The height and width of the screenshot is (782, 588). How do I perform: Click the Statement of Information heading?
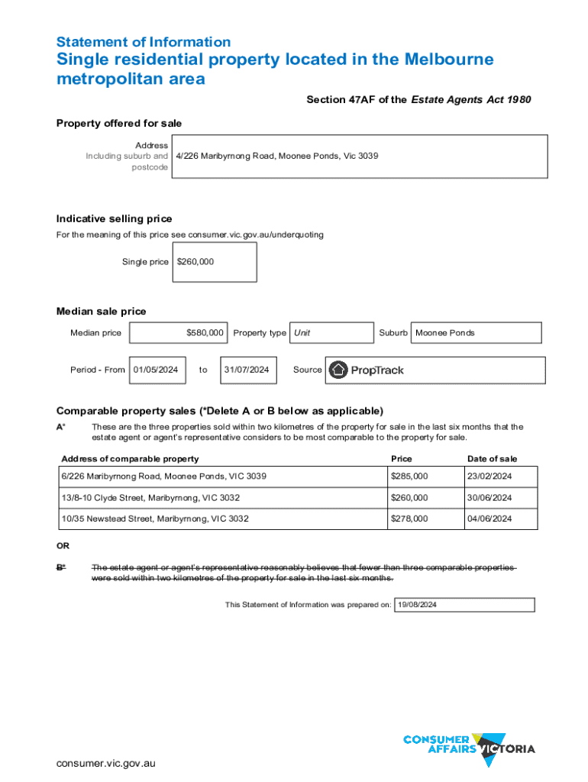click(144, 42)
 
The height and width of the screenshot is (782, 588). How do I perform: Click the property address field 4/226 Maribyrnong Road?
click(276, 156)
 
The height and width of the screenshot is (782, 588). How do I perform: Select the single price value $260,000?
click(195, 262)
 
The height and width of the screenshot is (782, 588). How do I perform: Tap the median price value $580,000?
click(205, 333)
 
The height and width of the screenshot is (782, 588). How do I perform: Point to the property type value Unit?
click(302, 333)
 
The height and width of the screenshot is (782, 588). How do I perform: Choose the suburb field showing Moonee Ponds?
click(444, 333)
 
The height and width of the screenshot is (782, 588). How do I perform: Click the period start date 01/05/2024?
click(156, 370)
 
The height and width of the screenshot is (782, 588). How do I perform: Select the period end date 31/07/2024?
click(246, 370)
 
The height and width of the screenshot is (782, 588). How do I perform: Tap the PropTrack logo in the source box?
click(367, 370)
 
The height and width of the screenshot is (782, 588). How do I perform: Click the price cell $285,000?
click(409, 477)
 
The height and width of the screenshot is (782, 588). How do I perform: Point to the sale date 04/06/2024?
click(490, 519)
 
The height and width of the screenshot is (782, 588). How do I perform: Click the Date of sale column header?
click(492, 459)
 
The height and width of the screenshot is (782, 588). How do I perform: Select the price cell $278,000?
click(409, 519)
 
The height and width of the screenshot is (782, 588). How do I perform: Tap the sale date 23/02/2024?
click(490, 477)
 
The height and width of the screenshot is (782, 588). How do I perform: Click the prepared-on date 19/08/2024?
click(418, 605)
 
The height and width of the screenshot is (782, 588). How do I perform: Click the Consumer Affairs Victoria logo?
click(469, 744)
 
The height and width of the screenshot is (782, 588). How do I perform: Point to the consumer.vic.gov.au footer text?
click(105, 764)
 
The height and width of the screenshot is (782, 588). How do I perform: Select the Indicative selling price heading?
click(115, 219)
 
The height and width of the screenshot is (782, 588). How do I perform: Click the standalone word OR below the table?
click(63, 546)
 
